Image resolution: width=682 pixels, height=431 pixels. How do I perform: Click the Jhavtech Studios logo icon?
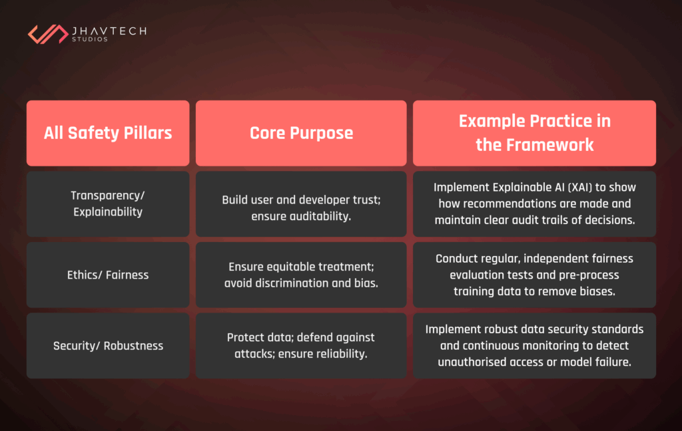click(x=47, y=33)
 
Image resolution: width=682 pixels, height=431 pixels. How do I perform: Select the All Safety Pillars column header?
click(x=108, y=133)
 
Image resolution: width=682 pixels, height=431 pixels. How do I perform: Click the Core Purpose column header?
click(x=301, y=133)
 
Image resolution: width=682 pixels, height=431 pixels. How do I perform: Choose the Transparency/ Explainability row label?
click(x=108, y=204)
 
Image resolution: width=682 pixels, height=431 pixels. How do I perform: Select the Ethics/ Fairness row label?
click(x=108, y=275)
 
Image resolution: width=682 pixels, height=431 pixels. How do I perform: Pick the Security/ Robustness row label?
click(x=108, y=346)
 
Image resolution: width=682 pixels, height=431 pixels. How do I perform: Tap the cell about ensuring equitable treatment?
click(x=301, y=275)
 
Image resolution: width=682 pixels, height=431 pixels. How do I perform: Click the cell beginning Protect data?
click(x=301, y=346)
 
